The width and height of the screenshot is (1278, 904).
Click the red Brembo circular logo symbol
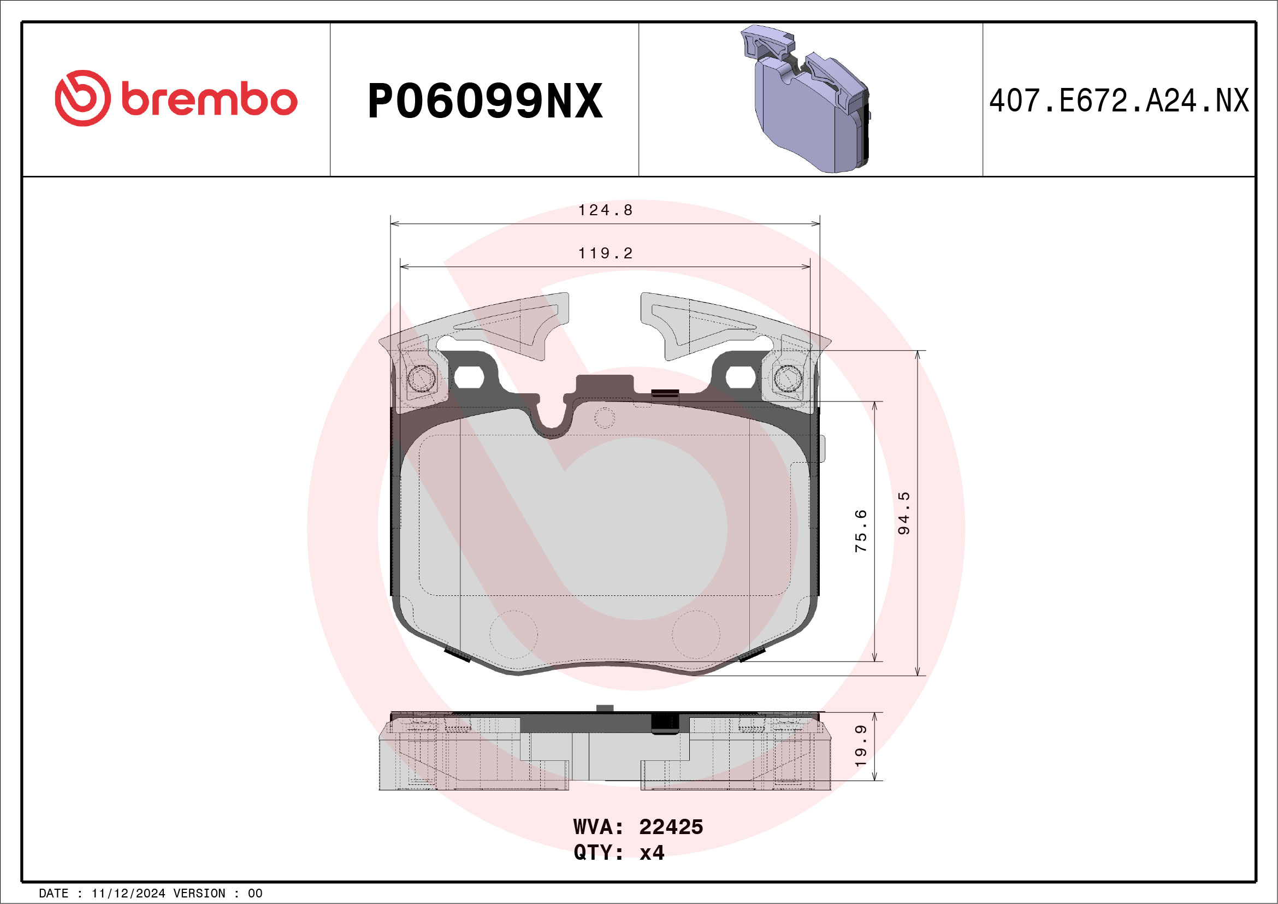point(82,98)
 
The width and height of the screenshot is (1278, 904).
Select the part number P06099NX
point(485,101)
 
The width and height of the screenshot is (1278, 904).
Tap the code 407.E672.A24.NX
point(1119,101)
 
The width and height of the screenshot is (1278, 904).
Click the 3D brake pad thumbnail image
point(805,98)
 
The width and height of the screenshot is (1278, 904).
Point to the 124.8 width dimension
point(606,210)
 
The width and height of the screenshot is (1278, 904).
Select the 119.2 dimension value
point(606,253)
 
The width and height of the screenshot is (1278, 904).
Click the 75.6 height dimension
point(861,530)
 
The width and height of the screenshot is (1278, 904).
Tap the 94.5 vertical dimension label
point(904,513)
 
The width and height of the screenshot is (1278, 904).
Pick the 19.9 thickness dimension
point(861,746)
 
